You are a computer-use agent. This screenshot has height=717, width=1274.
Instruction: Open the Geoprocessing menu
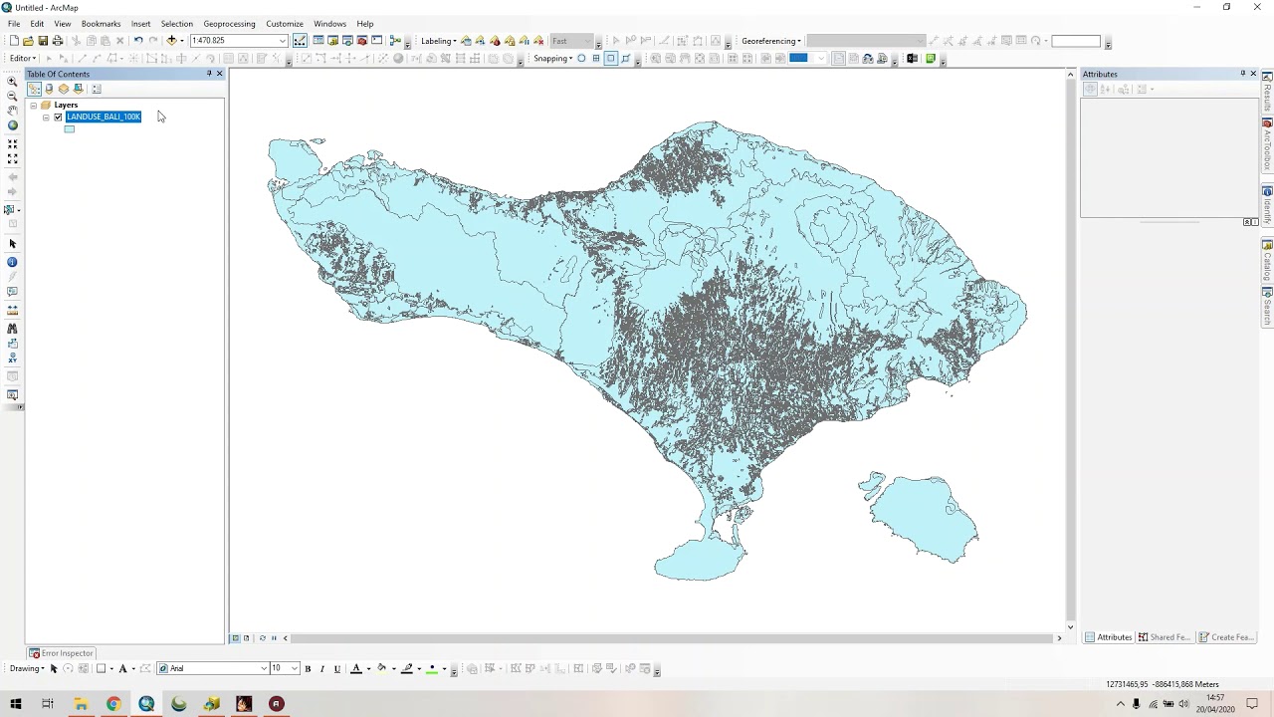pos(229,24)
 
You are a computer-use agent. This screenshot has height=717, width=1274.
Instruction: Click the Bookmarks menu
pos(101,24)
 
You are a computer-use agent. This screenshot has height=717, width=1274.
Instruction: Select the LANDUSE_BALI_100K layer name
pos(104,117)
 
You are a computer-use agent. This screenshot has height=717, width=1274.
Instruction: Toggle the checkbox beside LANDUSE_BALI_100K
pos(58,117)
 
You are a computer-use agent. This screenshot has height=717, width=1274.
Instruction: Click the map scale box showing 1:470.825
pos(233,41)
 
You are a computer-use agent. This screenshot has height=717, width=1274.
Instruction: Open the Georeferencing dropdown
pos(771,41)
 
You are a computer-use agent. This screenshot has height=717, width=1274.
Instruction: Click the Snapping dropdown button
pos(553,59)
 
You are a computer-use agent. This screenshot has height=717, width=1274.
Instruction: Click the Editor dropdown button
pos(23,59)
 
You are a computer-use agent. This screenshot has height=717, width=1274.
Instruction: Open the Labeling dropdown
pos(438,41)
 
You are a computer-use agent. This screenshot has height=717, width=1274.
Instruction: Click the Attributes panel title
pos(1100,74)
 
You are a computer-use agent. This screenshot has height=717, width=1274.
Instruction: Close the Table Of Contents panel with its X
pos(219,74)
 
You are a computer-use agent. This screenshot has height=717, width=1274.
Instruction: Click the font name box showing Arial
pos(213,668)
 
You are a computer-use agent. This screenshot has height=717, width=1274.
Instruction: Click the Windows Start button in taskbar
pos(16,704)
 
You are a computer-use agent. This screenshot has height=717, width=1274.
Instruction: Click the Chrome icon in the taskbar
pos(113,704)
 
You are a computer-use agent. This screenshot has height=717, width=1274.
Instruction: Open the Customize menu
pos(284,24)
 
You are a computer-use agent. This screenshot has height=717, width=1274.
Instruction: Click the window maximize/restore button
pos(1226,7)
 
